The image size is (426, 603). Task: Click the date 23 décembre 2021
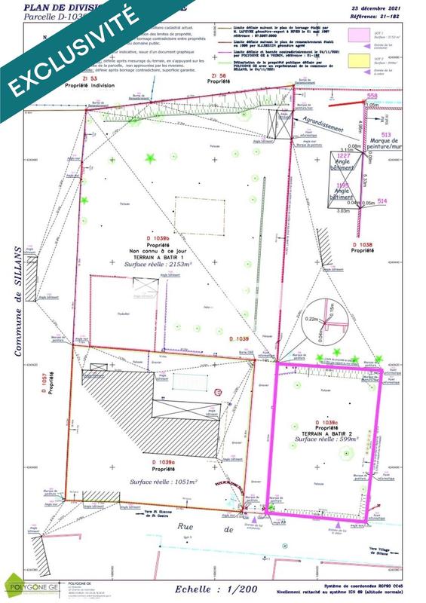tap(387, 8)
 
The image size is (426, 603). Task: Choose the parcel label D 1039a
tap(163, 461)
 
